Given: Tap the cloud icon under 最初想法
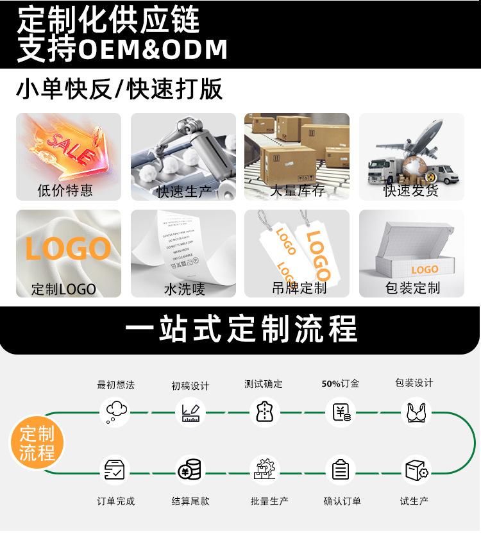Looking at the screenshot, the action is (116, 411).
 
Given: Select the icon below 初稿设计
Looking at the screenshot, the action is (190, 412).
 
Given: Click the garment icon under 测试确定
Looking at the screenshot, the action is (264, 411).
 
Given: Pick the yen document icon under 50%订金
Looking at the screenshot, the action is (341, 412).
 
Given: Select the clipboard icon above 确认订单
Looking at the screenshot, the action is (341, 471).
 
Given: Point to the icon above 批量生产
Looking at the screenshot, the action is (265, 471).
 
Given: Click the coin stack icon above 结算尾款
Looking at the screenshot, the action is (190, 471).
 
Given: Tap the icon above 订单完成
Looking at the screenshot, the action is (115, 471).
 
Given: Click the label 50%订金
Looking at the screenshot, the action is (340, 383).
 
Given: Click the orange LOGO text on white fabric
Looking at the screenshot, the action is (68, 249).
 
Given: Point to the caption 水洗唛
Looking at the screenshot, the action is (184, 289).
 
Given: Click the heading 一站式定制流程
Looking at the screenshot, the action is (240, 329).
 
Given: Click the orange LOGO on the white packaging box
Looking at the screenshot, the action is (425, 270).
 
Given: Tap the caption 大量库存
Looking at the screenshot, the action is (297, 190).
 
